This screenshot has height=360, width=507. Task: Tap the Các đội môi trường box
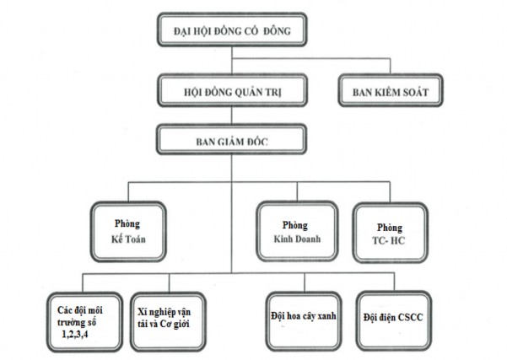point(81,320)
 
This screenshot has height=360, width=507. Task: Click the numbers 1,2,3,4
point(78,335)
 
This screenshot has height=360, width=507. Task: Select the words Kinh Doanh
point(295,239)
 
